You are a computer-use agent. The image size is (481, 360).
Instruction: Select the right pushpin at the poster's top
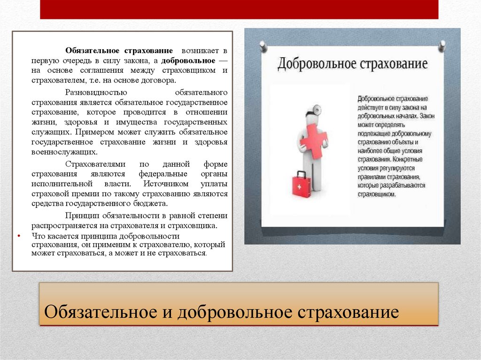(x=442, y=46)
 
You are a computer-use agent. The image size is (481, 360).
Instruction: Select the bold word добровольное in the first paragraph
(x=188, y=61)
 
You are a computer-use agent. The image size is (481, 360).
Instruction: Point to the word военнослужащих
(x=64, y=152)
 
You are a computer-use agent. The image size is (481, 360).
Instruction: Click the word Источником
(x=166, y=184)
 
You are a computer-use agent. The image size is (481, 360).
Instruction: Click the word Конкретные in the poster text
(x=406, y=160)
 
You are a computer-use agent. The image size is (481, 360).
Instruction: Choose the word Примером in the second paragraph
(x=91, y=132)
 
